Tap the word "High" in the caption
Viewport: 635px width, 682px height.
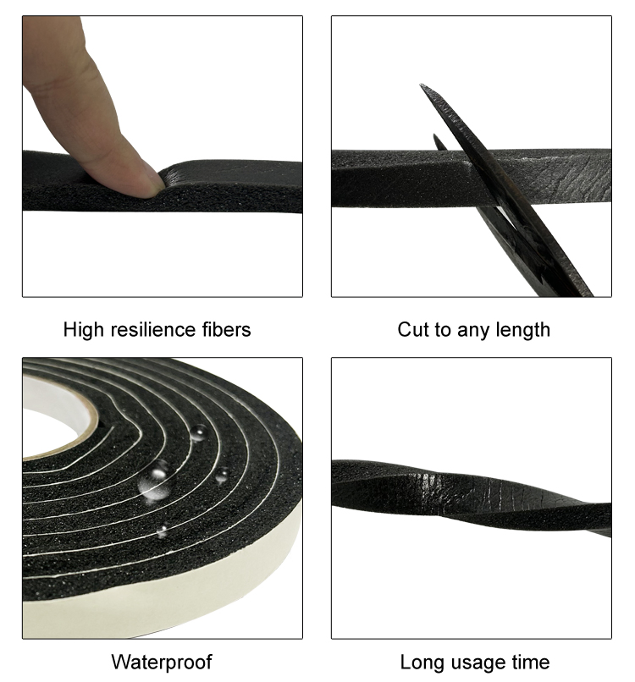pos(84,329)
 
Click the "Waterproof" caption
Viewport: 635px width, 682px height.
pos(162,662)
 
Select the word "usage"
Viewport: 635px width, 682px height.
pos(476,662)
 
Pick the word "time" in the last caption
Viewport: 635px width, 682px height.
pos(531,662)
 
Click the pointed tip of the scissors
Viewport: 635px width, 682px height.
pos(423,87)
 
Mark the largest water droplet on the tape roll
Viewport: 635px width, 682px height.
pos(155,483)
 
